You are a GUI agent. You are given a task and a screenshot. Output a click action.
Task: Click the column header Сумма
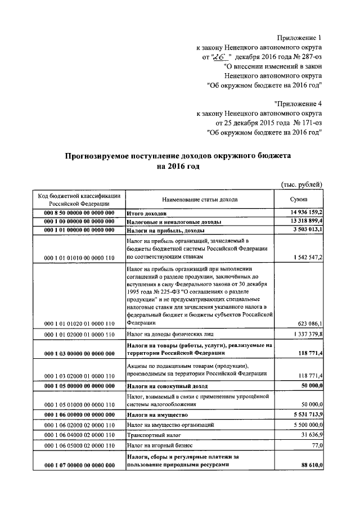point(298,199)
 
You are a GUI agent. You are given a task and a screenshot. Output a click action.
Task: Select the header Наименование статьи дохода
point(200,199)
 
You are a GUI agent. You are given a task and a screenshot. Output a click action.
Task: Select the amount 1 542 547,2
point(307,257)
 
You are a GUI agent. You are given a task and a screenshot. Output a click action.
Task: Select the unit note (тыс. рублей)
point(301,184)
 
